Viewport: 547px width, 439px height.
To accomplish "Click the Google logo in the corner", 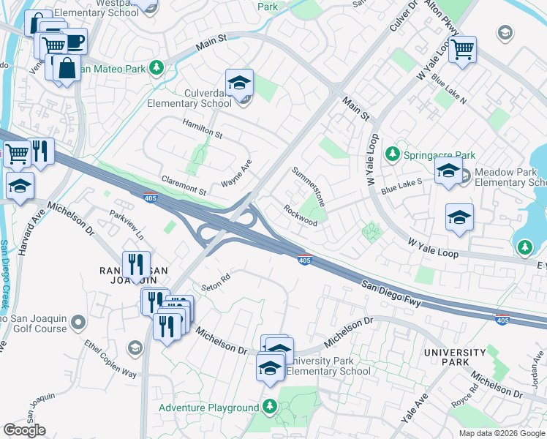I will point(24,430).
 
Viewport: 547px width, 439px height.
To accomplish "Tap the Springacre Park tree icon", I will point(393,154).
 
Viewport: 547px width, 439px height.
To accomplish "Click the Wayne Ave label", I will point(237,173).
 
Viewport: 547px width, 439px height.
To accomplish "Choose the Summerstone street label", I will point(308,186).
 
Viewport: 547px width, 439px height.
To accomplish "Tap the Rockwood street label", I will point(301,214).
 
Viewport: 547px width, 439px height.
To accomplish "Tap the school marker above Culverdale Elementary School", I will point(239,84).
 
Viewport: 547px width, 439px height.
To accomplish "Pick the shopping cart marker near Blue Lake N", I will point(462,50).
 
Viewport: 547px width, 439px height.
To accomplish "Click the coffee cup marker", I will point(73,40).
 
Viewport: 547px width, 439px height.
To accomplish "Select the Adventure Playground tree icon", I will point(270,407).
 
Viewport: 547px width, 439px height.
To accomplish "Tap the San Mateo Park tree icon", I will point(156,68).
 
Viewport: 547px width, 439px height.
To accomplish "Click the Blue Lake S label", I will point(401,184).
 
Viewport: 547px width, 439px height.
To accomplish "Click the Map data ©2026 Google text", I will point(502,433).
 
